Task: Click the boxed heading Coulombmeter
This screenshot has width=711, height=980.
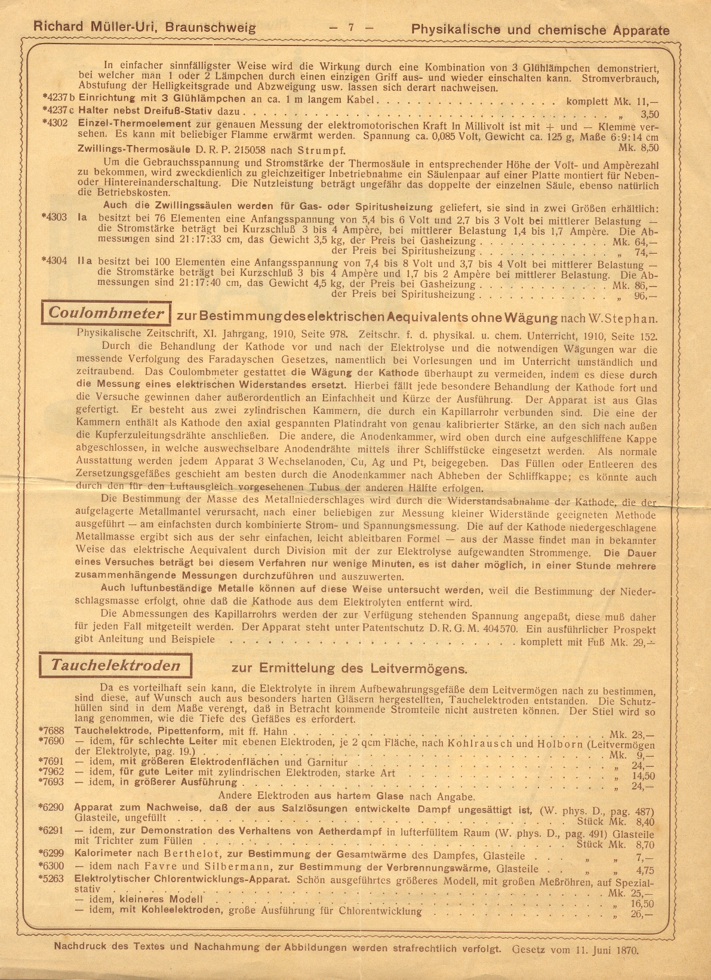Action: (x=106, y=314)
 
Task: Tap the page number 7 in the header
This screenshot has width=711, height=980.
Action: (x=352, y=27)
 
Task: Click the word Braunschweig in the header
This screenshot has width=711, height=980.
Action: (x=211, y=27)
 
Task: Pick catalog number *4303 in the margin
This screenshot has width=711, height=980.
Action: (x=55, y=217)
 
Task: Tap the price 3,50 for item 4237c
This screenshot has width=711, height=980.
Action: (x=649, y=114)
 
